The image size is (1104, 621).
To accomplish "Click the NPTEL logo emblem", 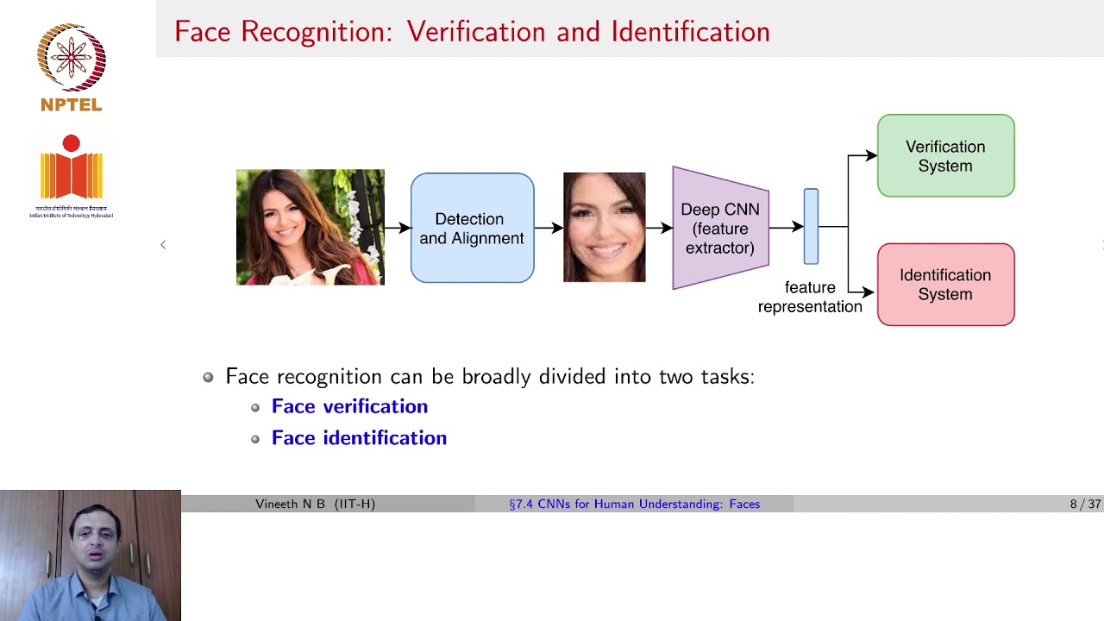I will (71, 59).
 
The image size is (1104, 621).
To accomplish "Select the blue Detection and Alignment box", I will (472, 229).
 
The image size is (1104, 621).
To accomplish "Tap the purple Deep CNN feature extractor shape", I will (719, 229).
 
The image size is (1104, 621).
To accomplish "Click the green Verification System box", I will (945, 156).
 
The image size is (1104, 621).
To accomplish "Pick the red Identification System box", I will (945, 285).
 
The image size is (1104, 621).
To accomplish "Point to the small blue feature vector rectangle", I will (811, 227).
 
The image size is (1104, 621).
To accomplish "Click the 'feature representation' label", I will (809, 297).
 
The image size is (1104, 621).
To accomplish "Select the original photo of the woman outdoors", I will (310, 227).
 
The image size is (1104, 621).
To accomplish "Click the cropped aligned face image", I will (604, 227).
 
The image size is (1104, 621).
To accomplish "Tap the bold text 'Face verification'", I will (349, 406).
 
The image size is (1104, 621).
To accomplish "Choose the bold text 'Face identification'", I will (359, 438).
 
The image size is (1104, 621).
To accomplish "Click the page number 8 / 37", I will (1085, 504).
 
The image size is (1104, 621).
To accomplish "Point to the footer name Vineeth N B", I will (315, 504).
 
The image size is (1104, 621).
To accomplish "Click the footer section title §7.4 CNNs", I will (634, 504).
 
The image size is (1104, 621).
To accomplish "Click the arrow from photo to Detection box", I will (398, 228).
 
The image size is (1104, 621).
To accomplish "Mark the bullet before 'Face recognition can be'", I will (208, 377).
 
